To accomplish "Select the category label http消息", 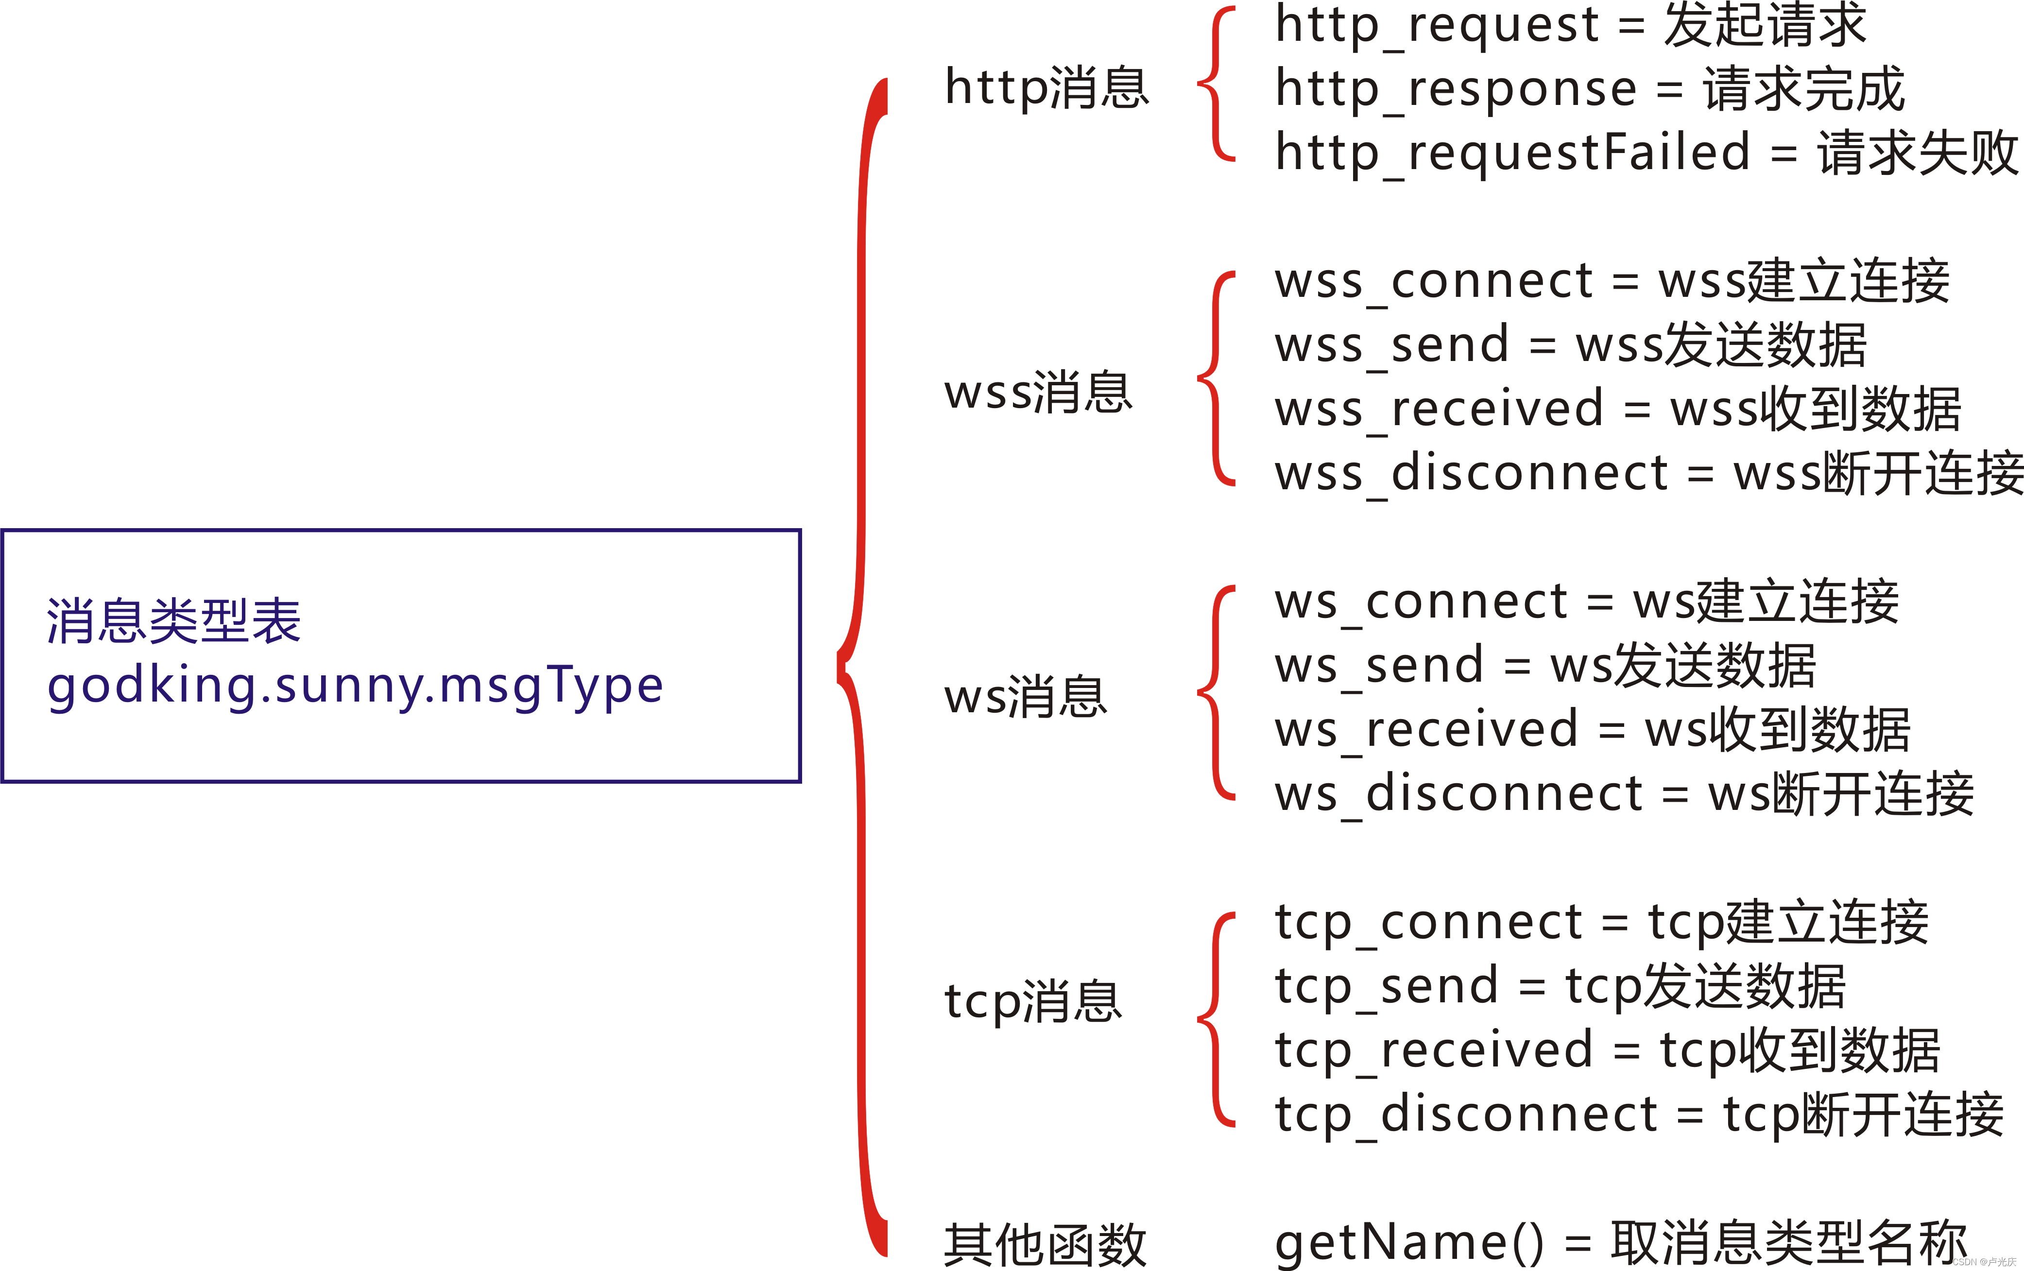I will (x=1046, y=87).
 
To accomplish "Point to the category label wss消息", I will (x=1038, y=393).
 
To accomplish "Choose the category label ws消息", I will (x=1026, y=697).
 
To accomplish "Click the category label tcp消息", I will (x=1033, y=1001).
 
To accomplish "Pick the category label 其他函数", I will (x=1045, y=1244).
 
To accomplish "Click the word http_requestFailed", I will (x=1513, y=153).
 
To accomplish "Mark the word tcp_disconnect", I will (x=1466, y=1116).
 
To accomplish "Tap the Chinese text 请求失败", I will (x=1917, y=153).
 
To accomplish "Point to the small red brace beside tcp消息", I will (x=1216, y=1019).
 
